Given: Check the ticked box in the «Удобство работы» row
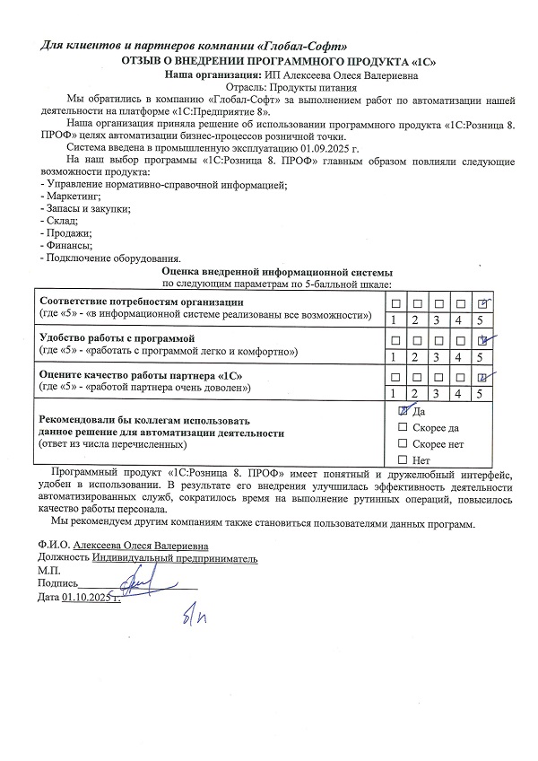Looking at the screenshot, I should (x=484, y=339).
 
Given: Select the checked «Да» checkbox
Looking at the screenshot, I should (x=403, y=410).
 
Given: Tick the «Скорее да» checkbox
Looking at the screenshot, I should (x=403, y=427).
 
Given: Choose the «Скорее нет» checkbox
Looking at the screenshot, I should (x=403, y=444).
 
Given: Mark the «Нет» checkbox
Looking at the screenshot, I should (x=403, y=460).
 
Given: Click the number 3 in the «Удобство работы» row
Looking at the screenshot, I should (x=437, y=356).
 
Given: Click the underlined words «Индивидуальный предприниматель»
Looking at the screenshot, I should (x=174, y=557).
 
